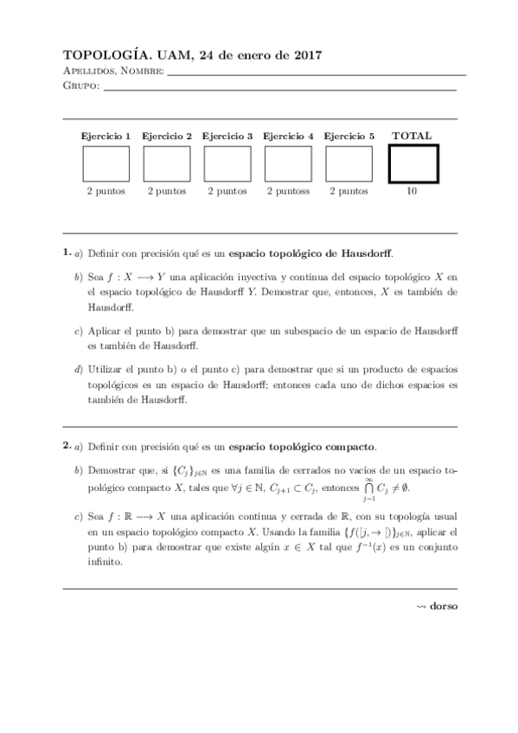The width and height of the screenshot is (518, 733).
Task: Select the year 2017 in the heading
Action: [306, 55]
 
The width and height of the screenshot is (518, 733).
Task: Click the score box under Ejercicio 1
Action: [106, 163]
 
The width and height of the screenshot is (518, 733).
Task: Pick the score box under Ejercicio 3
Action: [227, 163]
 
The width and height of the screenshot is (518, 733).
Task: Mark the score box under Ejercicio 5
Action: [349, 163]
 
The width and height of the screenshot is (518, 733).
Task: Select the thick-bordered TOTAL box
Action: [412, 163]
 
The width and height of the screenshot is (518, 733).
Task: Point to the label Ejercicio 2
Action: [167, 136]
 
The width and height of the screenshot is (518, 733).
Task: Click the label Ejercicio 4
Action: [288, 136]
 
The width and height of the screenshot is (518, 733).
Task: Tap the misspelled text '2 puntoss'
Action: [288, 191]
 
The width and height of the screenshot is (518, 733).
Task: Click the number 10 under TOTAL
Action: [412, 191]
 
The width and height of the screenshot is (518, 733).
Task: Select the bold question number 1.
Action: [66, 252]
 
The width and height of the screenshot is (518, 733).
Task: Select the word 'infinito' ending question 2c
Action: [105, 560]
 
